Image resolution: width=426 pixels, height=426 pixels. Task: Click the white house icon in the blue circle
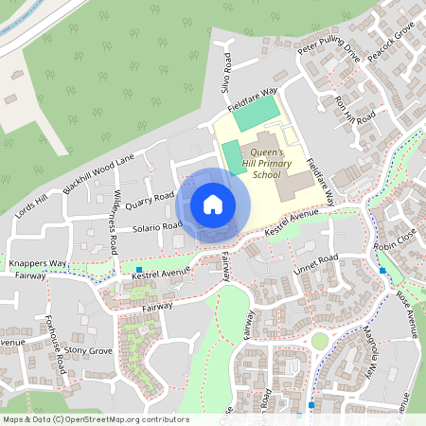(213, 204)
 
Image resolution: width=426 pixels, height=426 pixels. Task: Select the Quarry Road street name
(151, 200)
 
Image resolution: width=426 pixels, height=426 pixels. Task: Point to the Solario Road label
(158, 226)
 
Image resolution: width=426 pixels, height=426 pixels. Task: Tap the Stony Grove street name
(89, 351)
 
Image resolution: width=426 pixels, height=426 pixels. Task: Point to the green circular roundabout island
(320, 341)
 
